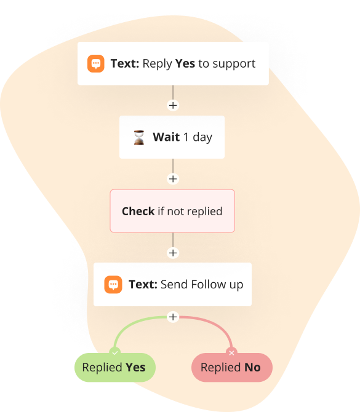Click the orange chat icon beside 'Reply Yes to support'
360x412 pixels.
(x=96, y=63)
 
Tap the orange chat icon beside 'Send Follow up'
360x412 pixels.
(x=113, y=284)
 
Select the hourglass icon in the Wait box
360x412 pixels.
(x=139, y=137)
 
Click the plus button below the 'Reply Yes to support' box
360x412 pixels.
(x=173, y=105)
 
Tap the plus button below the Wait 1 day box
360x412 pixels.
(x=173, y=179)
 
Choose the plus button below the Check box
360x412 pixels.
(x=173, y=253)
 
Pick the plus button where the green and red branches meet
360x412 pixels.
(x=173, y=317)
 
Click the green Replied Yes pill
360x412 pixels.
(x=115, y=367)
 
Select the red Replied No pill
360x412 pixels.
(x=231, y=367)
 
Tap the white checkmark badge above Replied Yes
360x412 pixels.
(x=114, y=353)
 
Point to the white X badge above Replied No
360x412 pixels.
(x=231, y=353)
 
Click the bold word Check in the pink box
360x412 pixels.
(x=138, y=212)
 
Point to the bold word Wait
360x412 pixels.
(x=166, y=137)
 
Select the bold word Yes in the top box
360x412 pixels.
(x=185, y=63)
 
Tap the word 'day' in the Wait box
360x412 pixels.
(x=202, y=138)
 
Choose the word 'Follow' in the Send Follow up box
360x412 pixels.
(x=208, y=284)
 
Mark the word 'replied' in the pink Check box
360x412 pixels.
(x=204, y=212)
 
